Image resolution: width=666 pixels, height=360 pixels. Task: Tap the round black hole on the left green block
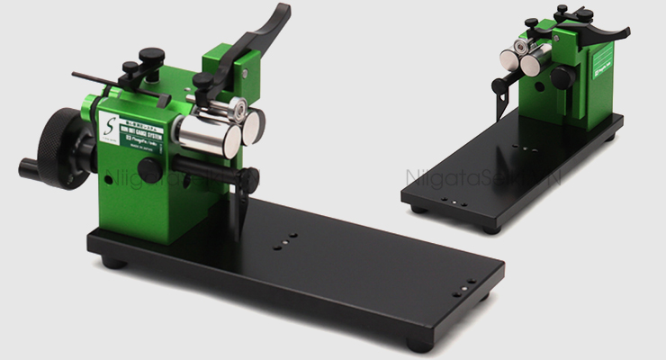pos(145,167)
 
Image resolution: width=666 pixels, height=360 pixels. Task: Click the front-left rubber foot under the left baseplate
pos(113,262)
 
